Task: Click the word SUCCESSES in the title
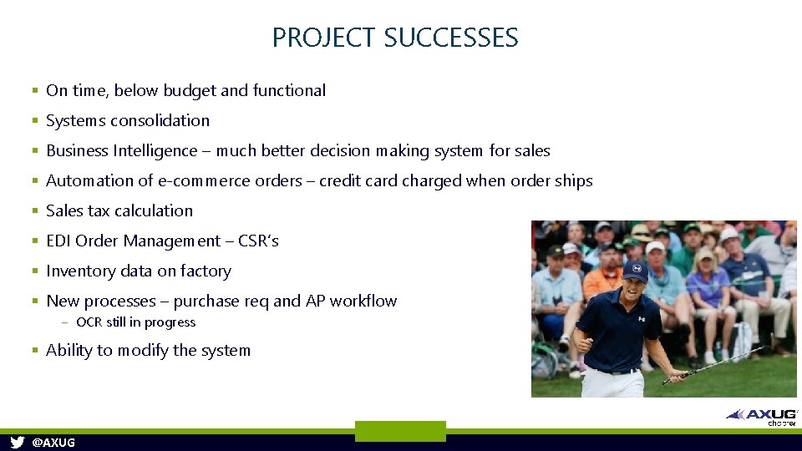[451, 38]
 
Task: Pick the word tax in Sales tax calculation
[99, 210]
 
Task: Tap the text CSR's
[258, 241]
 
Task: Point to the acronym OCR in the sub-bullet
[89, 322]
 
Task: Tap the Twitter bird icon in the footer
[17, 442]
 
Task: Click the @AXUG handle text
[53, 443]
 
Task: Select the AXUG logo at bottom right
[761, 414]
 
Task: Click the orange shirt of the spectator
[603, 281]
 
